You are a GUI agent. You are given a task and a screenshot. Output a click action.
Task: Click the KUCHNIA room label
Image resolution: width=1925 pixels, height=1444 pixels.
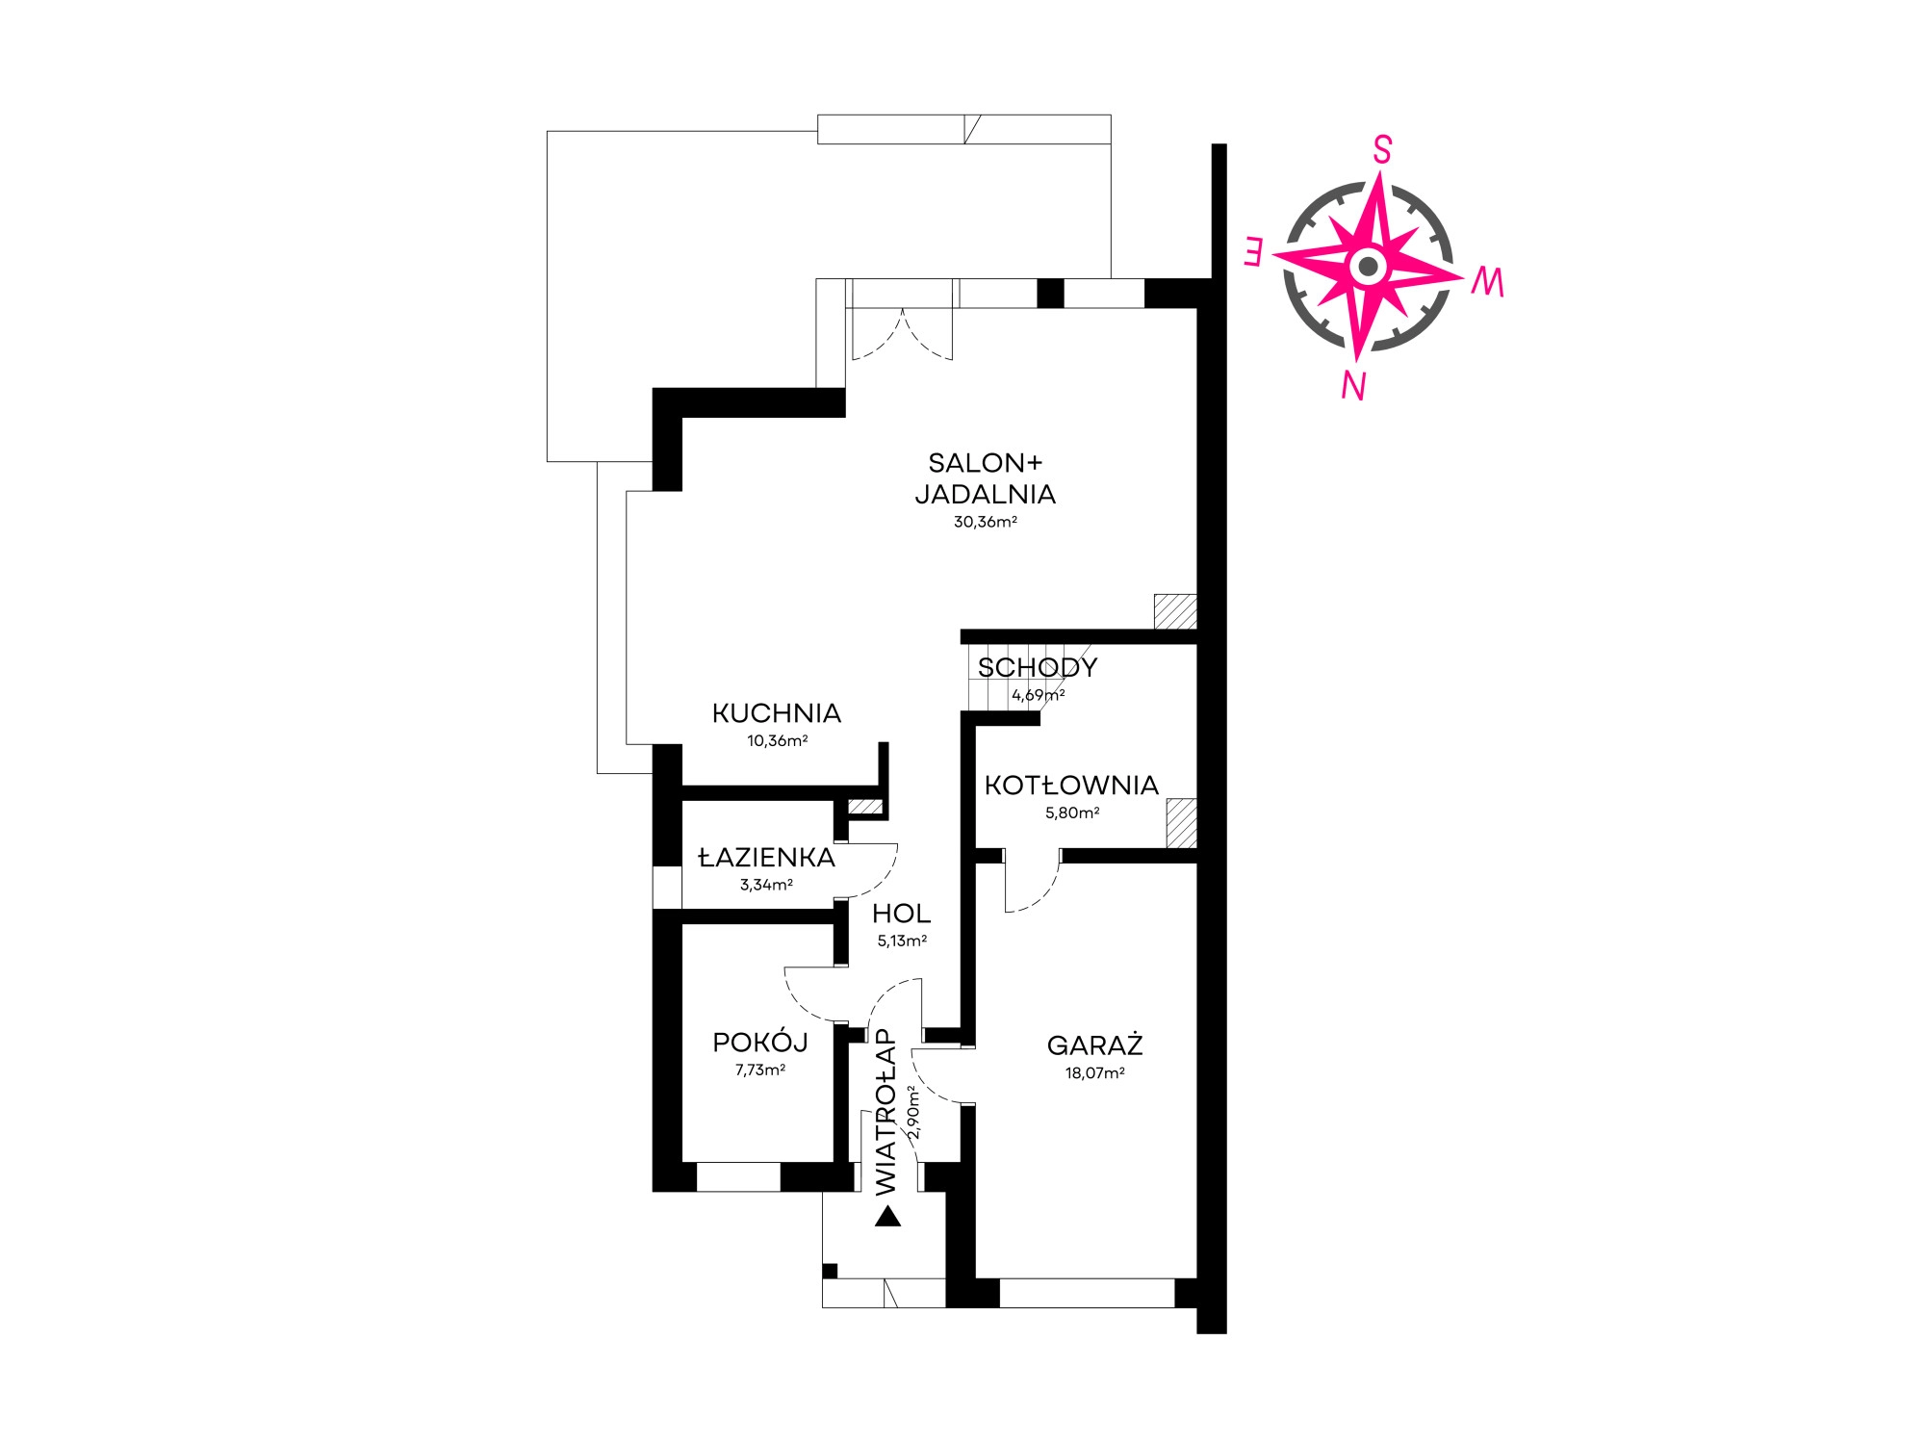(x=777, y=713)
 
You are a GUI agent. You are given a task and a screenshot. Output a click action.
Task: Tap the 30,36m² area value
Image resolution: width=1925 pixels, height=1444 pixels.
(x=985, y=522)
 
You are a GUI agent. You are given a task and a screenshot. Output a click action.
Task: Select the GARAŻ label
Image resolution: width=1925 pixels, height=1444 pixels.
(x=1095, y=1044)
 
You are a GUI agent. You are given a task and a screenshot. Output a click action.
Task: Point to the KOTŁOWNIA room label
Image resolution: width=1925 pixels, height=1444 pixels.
(x=1071, y=786)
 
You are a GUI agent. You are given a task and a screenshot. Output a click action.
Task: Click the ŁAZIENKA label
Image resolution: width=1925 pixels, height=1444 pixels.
(x=766, y=857)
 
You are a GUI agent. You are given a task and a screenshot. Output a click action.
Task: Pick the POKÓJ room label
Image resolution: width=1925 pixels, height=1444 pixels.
(x=760, y=1042)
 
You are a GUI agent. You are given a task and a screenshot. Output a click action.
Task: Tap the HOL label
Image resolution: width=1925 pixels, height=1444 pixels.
(x=902, y=914)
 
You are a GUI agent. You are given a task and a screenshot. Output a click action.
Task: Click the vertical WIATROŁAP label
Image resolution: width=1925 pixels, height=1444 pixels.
(x=885, y=1112)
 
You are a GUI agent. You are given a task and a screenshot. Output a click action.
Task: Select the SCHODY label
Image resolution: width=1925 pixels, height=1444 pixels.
(x=1038, y=667)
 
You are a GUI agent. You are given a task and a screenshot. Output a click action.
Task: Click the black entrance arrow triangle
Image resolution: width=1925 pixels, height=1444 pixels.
(x=887, y=1217)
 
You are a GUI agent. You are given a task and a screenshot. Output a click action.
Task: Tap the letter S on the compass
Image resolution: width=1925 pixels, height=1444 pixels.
(x=1382, y=150)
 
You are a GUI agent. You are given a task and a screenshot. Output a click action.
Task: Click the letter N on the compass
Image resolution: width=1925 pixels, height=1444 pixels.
(x=1354, y=386)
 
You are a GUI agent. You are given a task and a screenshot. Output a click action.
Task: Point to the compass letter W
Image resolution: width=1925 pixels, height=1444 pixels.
(x=1487, y=282)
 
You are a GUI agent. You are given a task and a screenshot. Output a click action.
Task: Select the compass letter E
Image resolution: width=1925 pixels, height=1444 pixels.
(x=1253, y=251)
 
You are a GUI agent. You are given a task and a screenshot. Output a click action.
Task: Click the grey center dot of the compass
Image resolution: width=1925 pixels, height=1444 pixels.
(x=1368, y=267)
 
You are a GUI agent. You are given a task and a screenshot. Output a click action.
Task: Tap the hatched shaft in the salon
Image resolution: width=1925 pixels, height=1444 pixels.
(x=1175, y=611)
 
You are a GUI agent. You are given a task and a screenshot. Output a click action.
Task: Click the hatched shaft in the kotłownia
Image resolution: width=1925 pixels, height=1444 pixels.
(x=1181, y=823)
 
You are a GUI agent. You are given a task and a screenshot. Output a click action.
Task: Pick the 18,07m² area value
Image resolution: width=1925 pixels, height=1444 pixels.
(x=1095, y=1073)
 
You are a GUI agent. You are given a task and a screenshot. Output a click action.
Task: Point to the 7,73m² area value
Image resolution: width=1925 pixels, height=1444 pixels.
(x=760, y=1070)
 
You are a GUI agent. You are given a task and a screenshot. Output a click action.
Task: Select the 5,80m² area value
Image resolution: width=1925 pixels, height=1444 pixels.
(x=1072, y=812)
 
